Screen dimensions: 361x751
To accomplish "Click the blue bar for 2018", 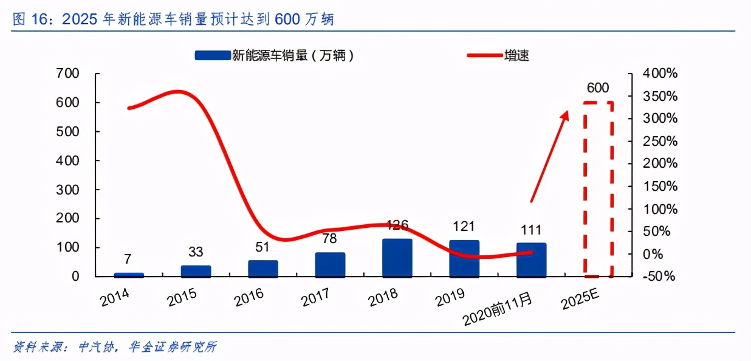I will click(397, 258).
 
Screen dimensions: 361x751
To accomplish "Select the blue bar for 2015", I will click(196, 271).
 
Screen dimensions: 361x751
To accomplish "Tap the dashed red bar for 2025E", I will click(598, 188).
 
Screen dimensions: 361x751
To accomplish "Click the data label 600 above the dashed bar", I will click(598, 88).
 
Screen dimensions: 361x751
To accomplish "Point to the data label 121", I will click(464, 227).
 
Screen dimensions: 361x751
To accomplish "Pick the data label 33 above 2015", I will click(196, 252).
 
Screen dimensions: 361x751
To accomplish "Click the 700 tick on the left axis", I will click(67, 74).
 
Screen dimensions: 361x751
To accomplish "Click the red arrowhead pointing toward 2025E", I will click(565, 115).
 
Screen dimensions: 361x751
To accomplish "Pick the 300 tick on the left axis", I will click(67, 190).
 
